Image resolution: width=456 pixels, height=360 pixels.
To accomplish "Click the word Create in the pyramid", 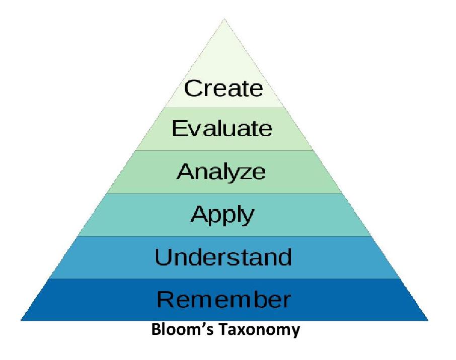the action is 223,88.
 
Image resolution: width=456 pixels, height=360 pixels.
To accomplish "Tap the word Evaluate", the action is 222,128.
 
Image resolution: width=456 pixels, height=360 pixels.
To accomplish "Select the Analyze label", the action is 221,171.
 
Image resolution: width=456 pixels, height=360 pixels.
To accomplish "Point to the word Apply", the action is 222,215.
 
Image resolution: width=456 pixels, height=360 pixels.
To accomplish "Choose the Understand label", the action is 223,257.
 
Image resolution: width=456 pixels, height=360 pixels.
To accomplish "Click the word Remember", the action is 223,299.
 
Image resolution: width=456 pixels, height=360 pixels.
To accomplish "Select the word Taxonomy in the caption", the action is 259,330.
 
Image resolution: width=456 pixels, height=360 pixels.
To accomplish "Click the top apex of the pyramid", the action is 224,19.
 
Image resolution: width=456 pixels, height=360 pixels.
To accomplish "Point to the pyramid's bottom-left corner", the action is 21,320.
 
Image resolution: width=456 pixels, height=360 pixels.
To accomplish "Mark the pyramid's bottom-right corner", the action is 428,320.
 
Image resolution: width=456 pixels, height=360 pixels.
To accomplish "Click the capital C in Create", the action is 193,88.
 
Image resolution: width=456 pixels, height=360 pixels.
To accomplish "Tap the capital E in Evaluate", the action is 179,128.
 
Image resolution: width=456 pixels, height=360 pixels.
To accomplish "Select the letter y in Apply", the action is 248,217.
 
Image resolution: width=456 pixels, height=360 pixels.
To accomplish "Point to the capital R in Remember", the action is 165,299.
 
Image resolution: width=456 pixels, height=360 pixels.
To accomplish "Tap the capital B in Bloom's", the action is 156,329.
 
